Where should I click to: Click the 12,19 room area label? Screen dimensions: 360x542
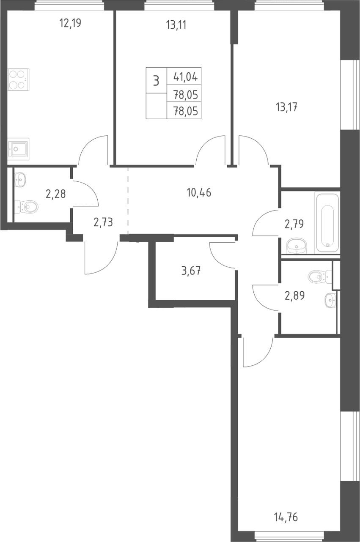click(70, 23)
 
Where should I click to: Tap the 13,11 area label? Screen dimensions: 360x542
click(176, 25)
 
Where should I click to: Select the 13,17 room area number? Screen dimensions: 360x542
click(286, 107)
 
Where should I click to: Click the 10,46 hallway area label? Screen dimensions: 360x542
click(199, 193)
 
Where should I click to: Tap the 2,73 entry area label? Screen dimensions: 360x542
click(103, 222)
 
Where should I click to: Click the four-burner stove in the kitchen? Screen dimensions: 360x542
click(18, 79)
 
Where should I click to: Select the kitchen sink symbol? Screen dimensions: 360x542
click(18, 149)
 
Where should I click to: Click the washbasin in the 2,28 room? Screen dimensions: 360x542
click(20, 180)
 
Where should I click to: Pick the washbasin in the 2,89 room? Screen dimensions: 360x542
click(330, 300)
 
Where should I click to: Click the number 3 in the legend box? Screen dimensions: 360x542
click(156, 81)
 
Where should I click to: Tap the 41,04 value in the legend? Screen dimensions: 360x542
click(186, 77)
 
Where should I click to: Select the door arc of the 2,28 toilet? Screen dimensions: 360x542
click(90, 190)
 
